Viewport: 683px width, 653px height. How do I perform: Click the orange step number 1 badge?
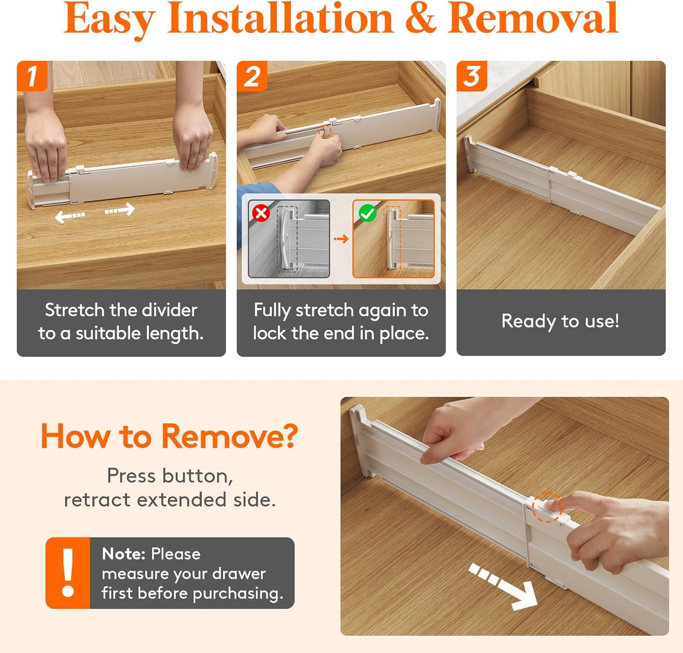tap(32, 76)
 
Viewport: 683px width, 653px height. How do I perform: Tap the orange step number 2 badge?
tap(252, 76)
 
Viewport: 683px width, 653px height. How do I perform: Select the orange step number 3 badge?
tap(472, 76)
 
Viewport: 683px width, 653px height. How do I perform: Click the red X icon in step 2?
tap(261, 213)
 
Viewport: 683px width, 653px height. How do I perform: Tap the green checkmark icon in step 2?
tap(367, 213)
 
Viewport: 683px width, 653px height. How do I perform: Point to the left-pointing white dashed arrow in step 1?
tap(70, 216)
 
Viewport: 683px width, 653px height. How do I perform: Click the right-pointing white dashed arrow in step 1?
tap(120, 209)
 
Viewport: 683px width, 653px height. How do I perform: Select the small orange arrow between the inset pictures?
tap(341, 239)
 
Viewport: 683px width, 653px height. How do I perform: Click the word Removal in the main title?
tap(533, 19)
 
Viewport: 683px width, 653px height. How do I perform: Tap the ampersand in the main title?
tap(420, 19)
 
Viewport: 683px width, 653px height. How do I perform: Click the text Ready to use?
tap(560, 321)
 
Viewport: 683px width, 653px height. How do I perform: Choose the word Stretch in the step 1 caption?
tap(74, 310)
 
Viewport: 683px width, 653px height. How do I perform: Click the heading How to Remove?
tap(169, 436)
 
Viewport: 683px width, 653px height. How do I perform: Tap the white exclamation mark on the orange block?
tap(68, 572)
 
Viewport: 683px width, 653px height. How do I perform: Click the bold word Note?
tap(123, 554)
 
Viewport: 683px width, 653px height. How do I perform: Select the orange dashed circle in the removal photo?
tap(547, 507)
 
